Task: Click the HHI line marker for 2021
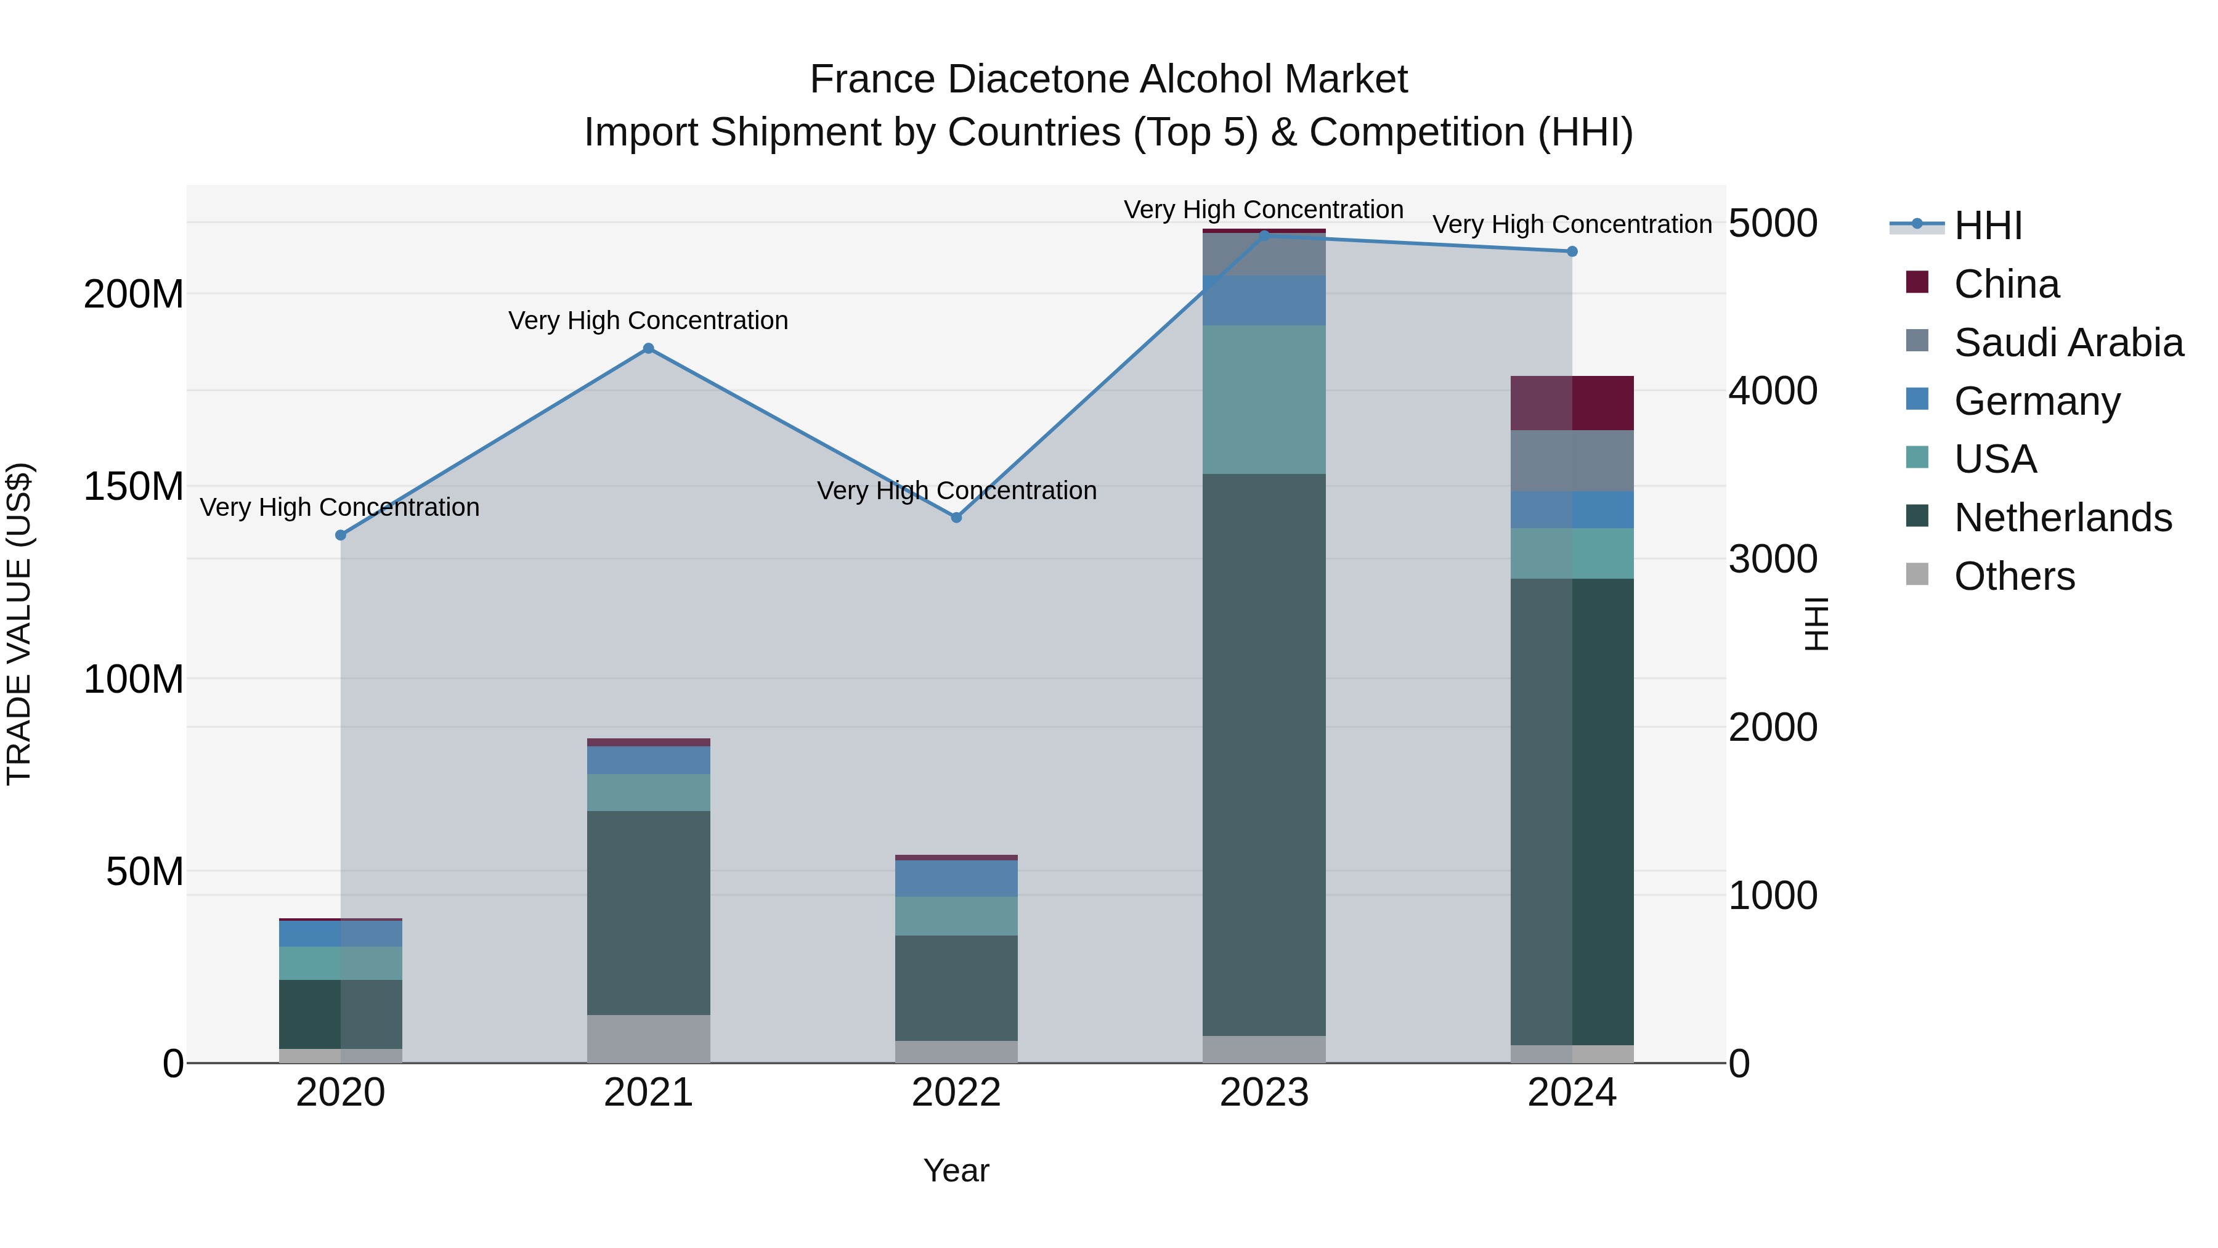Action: point(648,349)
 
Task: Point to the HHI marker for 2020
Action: point(341,535)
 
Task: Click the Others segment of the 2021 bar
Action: point(648,1038)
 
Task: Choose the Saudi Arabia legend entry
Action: point(2068,343)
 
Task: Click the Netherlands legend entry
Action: point(2062,518)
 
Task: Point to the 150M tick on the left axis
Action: point(134,487)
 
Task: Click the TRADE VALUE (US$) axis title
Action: point(19,624)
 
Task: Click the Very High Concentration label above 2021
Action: point(648,320)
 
